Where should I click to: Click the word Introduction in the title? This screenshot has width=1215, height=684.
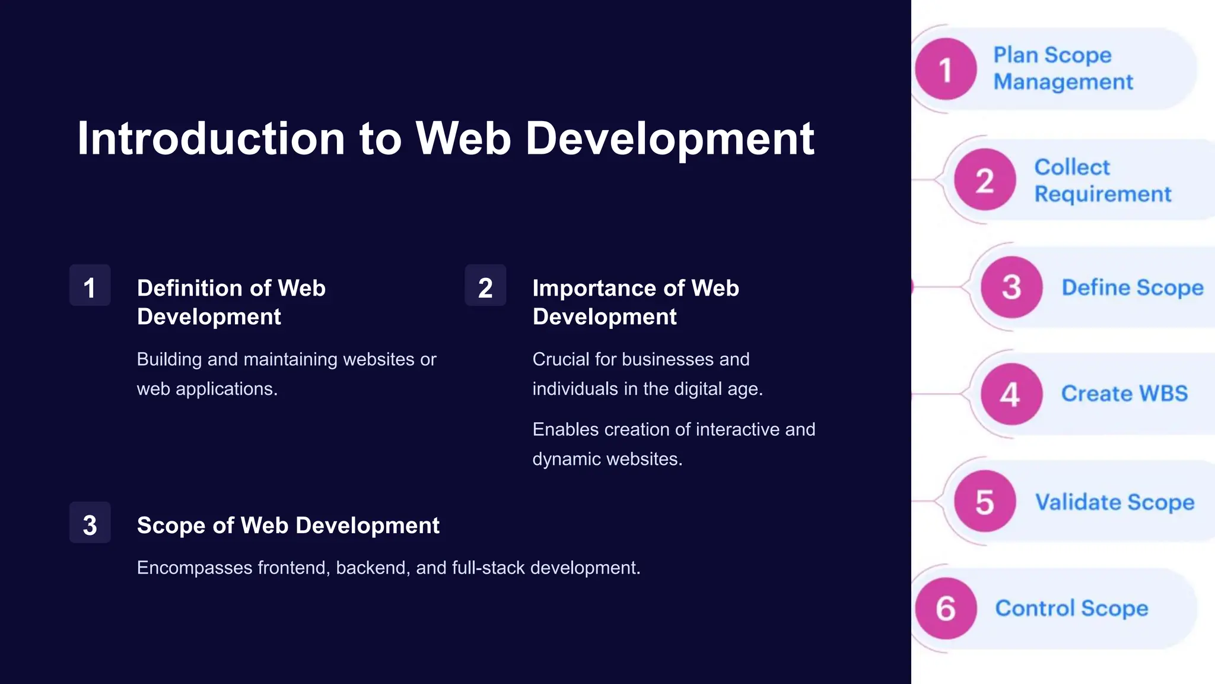pyautogui.click(x=211, y=139)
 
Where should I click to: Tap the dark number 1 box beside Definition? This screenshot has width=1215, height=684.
pyautogui.click(x=90, y=286)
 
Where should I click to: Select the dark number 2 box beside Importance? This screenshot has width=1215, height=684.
pyautogui.click(x=485, y=286)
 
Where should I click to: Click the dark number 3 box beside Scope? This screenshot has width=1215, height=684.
pyautogui.click(x=90, y=523)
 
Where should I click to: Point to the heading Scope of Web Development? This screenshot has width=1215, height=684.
pyautogui.click(x=288, y=525)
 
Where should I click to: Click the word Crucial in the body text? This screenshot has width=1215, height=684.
pyautogui.click(x=560, y=359)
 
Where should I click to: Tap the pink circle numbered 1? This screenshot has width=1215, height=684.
pyautogui.click(x=946, y=69)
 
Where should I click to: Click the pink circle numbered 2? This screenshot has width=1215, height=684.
pyautogui.click(x=985, y=179)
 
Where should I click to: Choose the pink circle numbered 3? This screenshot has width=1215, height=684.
pyautogui.click(x=1012, y=287)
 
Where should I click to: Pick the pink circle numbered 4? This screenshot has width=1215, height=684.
pyautogui.click(x=1012, y=394)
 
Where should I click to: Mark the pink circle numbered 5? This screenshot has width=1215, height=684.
pyautogui.click(x=985, y=501)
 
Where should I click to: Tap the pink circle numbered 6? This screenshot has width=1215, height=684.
pyautogui.click(x=946, y=608)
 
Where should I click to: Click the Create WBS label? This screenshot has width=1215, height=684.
pyautogui.click(x=1124, y=394)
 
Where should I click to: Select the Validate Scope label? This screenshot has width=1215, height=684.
pyautogui.click(x=1115, y=502)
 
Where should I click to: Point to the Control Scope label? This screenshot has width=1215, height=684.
pyautogui.click(x=1071, y=609)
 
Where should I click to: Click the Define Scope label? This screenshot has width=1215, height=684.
pyautogui.click(x=1132, y=287)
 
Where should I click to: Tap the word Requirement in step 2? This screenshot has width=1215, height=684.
pyautogui.click(x=1103, y=194)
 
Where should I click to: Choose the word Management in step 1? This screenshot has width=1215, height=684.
pyautogui.click(x=1063, y=82)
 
